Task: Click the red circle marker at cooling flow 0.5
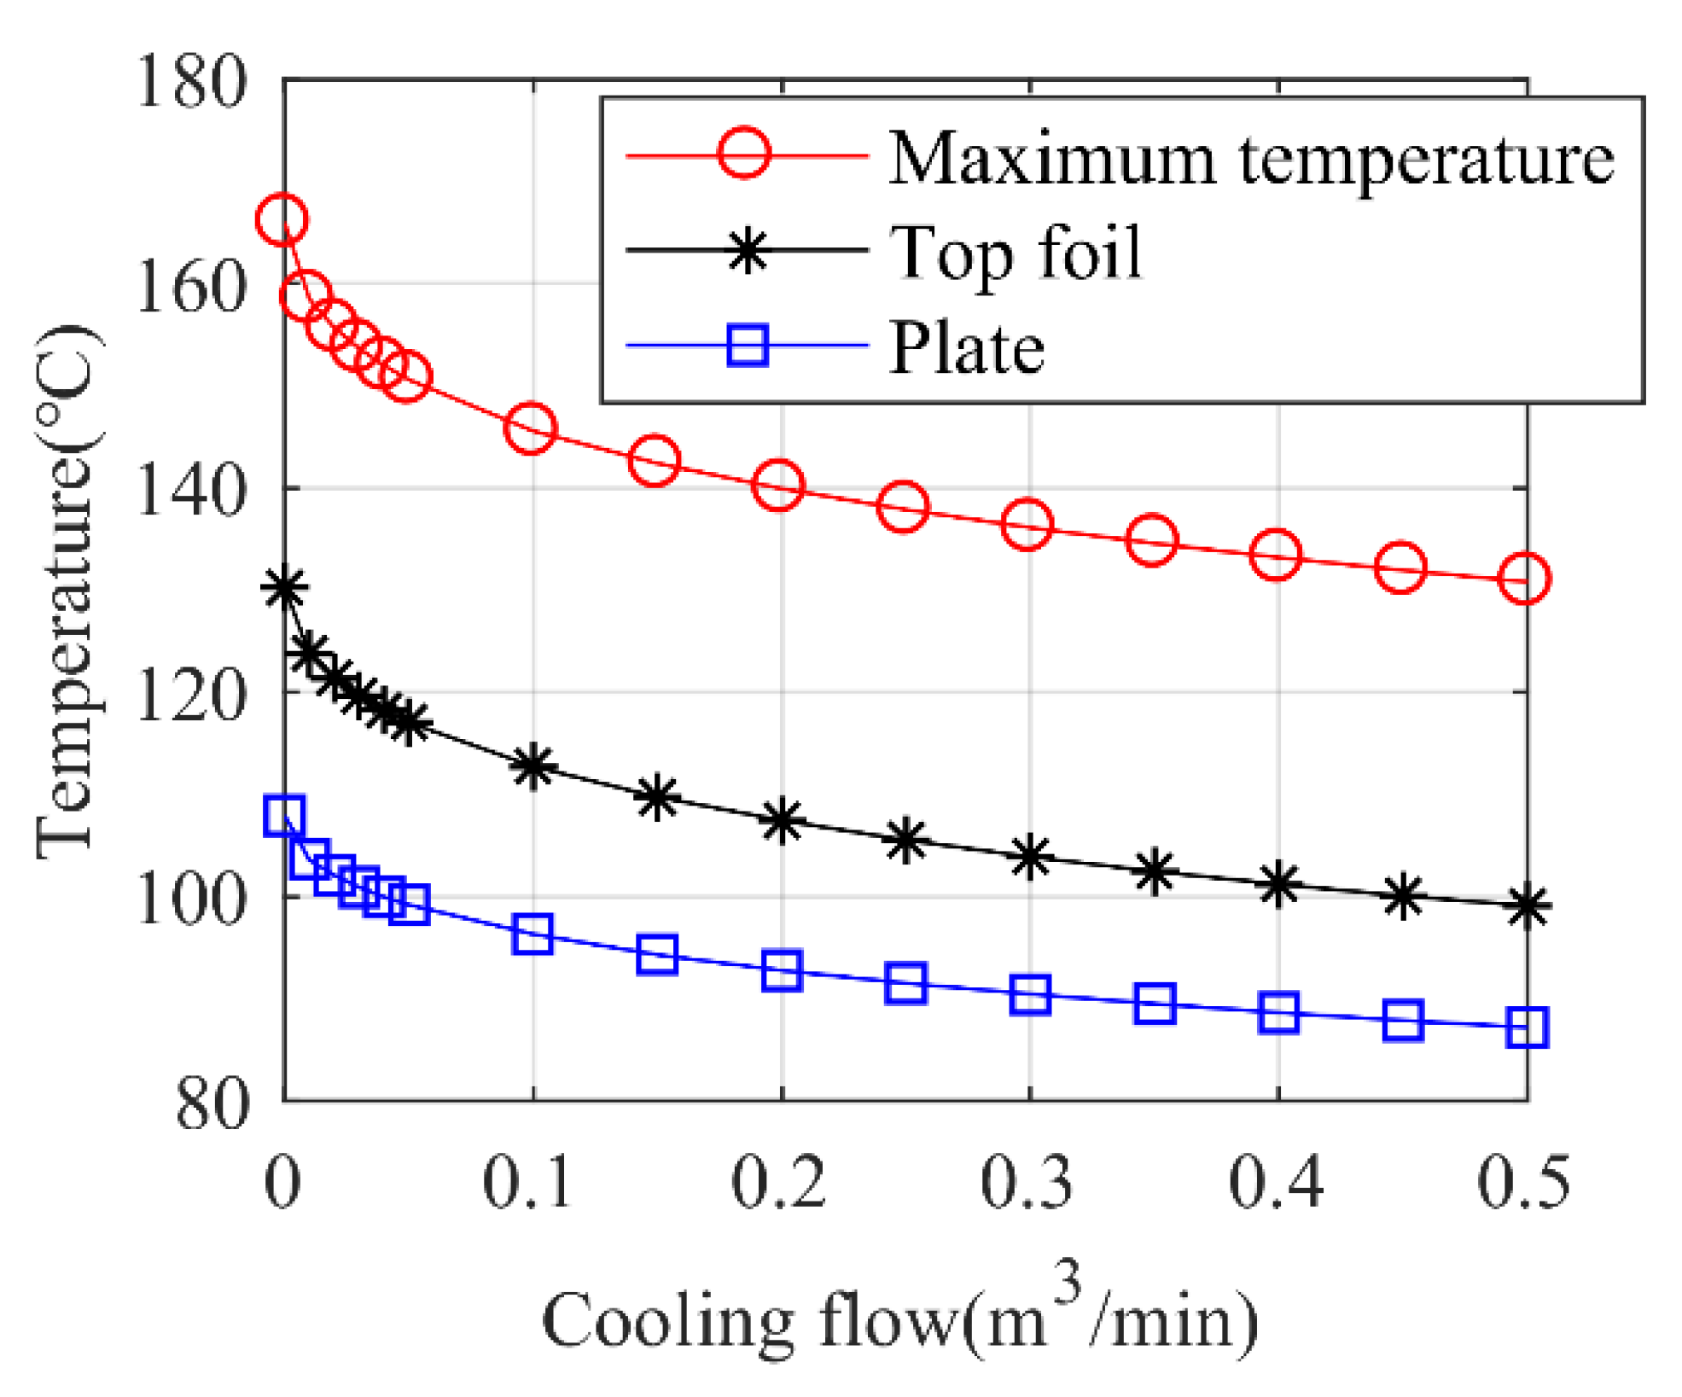[1525, 579]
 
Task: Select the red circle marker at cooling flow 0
[282, 220]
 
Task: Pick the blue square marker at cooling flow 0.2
[781, 971]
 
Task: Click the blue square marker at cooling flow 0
[283, 816]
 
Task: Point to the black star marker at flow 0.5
[1526, 905]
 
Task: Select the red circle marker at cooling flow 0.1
[531, 428]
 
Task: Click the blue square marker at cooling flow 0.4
[1278, 1013]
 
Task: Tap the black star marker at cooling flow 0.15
[656, 798]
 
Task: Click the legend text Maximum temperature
[1250, 159]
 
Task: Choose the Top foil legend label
[1016, 253]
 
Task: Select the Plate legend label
[966, 348]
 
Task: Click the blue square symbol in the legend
[748, 346]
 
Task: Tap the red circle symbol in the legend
[744, 154]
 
